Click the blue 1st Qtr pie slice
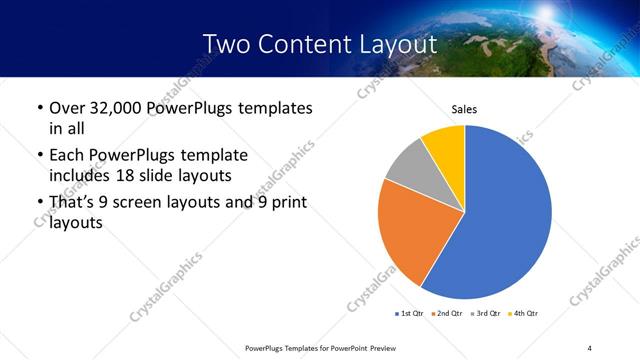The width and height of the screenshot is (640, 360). click(x=505, y=215)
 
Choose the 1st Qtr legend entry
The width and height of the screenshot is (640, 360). click(x=411, y=313)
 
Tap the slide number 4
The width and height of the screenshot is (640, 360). click(x=590, y=347)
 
